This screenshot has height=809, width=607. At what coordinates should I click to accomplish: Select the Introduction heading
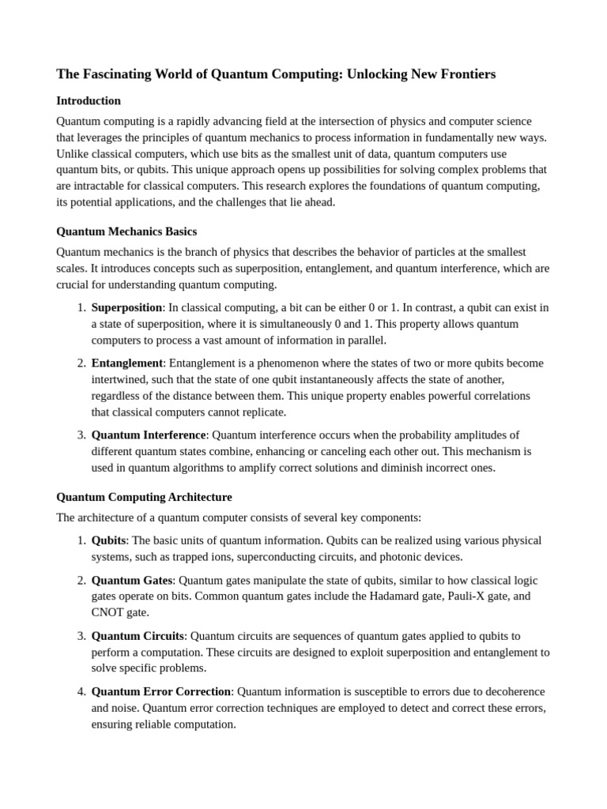click(89, 101)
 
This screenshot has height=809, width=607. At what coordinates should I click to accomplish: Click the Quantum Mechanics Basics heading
click(126, 231)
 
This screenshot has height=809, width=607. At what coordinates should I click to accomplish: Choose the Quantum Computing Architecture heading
click(144, 497)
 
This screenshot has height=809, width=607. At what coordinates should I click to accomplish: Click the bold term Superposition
click(127, 307)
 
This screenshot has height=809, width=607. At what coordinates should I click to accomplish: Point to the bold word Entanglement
click(127, 363)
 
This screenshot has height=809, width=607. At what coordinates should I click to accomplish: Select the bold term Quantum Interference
click(149, 435)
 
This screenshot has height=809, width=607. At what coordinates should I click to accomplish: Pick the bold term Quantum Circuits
click(138, 635)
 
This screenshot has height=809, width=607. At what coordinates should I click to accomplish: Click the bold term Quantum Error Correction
click(161, 691)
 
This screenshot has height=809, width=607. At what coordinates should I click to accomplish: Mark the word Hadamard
click(397, 596)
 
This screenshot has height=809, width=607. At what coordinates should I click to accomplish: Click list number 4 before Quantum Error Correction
click(81, 691)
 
